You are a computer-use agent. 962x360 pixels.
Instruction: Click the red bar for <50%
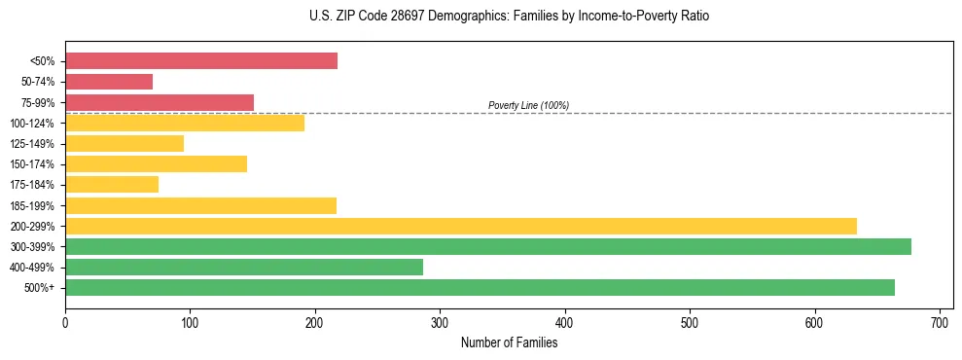(201, 61)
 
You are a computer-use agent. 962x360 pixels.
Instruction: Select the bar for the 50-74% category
(109, 82)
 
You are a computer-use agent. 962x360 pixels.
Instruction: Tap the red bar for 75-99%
(160, 102)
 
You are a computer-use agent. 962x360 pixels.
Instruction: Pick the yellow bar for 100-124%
(185, 123)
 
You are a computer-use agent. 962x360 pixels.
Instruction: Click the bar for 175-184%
(112, 185)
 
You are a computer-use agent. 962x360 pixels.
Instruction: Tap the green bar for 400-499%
(244, 267)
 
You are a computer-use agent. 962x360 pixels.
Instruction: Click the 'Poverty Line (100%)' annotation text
(528, 105)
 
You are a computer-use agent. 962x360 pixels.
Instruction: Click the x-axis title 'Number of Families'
(509, 342)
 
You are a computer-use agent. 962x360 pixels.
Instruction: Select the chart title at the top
(509, 17)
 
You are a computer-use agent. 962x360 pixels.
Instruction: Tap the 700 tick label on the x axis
(940, 320)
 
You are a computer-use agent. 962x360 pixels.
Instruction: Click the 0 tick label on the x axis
(65, 320)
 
